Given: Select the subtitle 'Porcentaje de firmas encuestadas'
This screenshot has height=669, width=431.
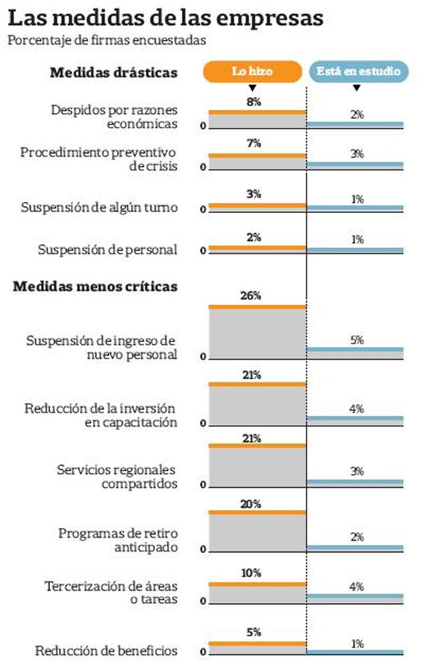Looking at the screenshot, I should tap(106, 40).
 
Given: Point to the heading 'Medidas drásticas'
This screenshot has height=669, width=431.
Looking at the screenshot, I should tap(114, 72).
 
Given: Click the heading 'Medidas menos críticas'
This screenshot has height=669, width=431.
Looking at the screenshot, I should tap(96, 287).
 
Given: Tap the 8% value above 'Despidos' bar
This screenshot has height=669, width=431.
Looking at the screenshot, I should tap(253, 102).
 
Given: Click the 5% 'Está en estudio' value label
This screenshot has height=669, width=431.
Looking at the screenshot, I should tap(357, 340).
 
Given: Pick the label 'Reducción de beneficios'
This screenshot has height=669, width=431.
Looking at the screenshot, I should tap(106, 650).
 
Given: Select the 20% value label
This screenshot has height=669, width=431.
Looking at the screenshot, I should tap(252, 505).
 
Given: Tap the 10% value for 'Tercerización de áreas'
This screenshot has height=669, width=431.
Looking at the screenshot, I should tap(252, 573).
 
